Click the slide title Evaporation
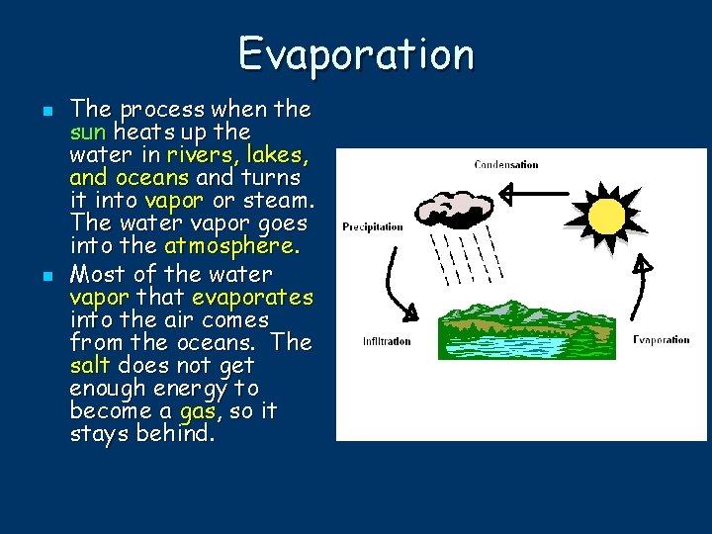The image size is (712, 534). coord(356,53)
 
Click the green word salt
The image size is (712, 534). coord(91,366)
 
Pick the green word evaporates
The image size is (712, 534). coord(252,297)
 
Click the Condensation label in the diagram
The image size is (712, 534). coord(506,164)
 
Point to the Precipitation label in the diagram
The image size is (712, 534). coord(373,226)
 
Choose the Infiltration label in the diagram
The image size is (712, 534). coord(387,341)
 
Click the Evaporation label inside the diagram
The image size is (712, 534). coord(661,339)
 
